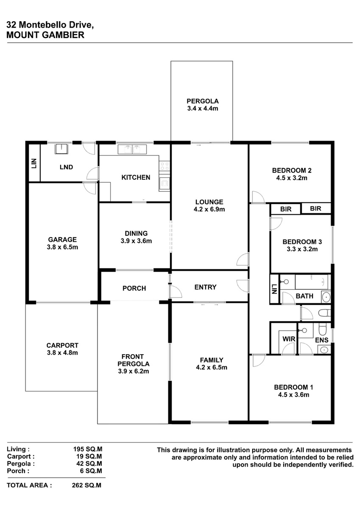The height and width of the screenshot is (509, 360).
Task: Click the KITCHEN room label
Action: (136, 177)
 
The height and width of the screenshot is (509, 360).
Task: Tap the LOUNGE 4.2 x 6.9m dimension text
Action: (209, 209)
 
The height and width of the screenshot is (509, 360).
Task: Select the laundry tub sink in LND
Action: (61, 149)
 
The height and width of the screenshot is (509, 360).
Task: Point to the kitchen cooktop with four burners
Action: (165, 165)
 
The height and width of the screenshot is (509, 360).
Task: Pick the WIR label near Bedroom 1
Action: (289, 339)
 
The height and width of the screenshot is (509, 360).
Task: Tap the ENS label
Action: (322, 340)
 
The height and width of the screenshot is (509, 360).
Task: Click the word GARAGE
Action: (62, 240)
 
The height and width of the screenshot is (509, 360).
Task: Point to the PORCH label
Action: (134, 288)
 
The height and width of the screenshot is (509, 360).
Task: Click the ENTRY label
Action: (205, 287)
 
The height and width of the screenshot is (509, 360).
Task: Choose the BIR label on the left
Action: (286, 209)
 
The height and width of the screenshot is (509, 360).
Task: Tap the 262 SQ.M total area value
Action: (87, 485)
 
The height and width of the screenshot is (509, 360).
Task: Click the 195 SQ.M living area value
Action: (88, 449)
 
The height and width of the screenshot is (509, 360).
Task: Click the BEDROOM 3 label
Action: (302, 242)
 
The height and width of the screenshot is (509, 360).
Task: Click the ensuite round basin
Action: (324, 350)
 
